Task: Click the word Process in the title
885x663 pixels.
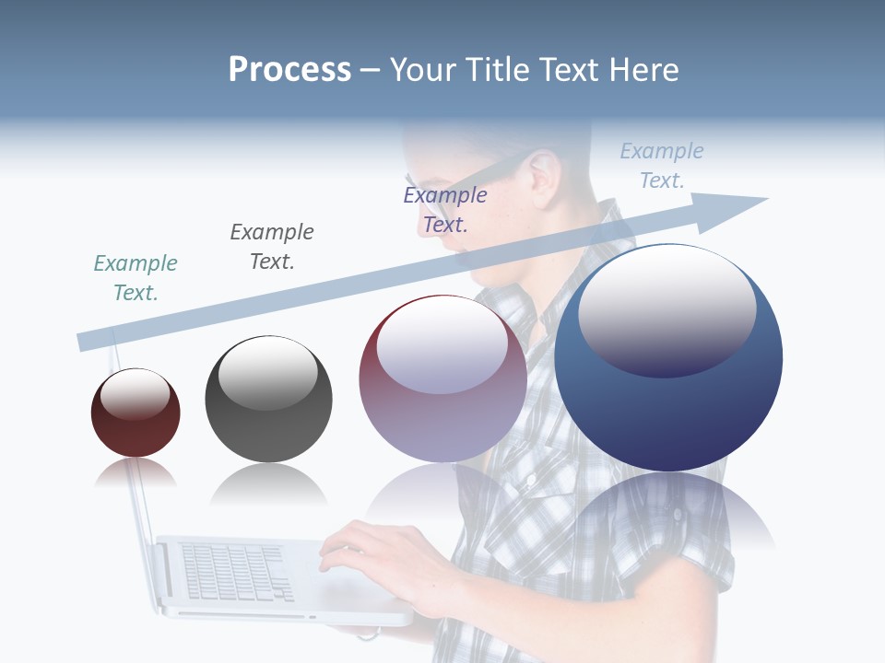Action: pyautogui.click(x=289, y=70)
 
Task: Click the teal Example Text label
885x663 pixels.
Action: pyautogui.click(x=136, y=277)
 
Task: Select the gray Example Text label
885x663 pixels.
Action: pyautogui.click(x=272, y=246)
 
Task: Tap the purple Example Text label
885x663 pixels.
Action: pyautogui.click(x=445, y=209)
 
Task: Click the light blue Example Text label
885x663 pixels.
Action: pyautogui.click(x=662, y=166)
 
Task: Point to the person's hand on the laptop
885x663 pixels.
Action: pyautogui.click(x=369, y=552)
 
